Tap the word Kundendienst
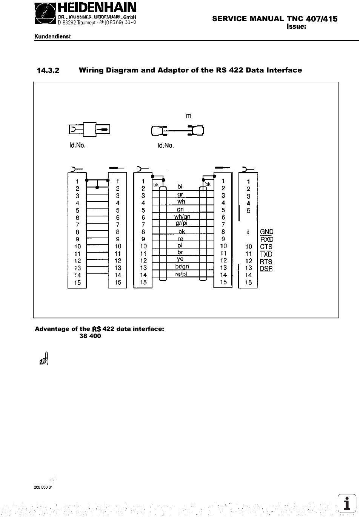tap(53, 37)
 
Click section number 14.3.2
tap(48, 70)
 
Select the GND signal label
tap(267, 232)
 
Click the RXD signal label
tap(267, 239)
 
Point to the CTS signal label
tap(266, 247)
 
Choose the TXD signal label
tap(266, 254)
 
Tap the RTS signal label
tap(266, 261)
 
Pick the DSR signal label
tap(266, 269)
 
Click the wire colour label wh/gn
tap(182, 216)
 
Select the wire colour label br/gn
tap(182, 267)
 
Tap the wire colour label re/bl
tap(181, 274)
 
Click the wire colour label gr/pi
tap(182, 223)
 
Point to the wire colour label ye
tap(180, 259)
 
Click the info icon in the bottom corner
tap(347, 503)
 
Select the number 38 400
tap(90, 336)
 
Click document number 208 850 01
tap(43, 487)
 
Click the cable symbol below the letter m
tap(177, 131)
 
